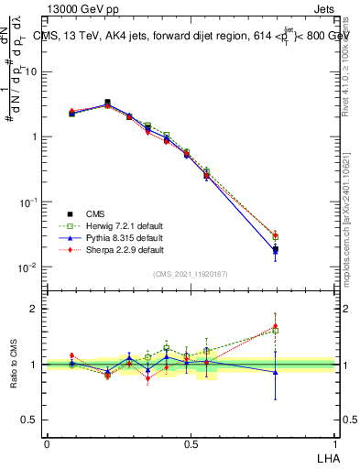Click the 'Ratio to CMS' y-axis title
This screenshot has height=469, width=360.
15,364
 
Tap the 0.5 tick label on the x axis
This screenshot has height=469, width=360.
190,444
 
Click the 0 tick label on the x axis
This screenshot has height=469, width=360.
47,444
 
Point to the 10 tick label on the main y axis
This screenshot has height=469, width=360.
31,71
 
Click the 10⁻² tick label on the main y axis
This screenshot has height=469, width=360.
29,267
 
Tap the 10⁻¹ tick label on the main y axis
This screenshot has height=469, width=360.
29,202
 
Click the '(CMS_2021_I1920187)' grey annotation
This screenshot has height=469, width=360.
191,274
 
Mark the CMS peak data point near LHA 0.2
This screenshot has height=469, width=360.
107,103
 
